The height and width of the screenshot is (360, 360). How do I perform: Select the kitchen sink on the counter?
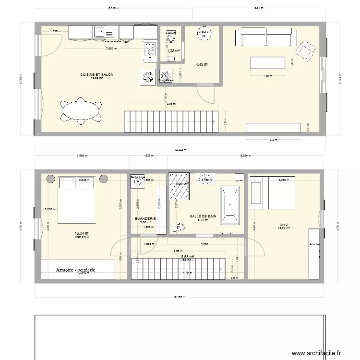(x=100, y=33)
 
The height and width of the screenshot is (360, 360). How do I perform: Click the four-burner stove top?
(x=150, y=49)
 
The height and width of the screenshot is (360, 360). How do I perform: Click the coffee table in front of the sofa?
(x=265, y=63)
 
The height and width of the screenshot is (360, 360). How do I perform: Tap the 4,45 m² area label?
(x=202, y=64)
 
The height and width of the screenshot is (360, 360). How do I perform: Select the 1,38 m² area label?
(x=173, y=51)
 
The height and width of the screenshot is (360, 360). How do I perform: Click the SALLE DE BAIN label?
(x=203, y=216)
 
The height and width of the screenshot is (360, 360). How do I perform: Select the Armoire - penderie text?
(x=75, y=270)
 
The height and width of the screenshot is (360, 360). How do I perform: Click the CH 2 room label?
(x=284, y=225)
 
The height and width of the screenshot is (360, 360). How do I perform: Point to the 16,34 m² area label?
(x=82, y=233)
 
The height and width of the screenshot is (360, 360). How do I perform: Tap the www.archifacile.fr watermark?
(x=318, y=353)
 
